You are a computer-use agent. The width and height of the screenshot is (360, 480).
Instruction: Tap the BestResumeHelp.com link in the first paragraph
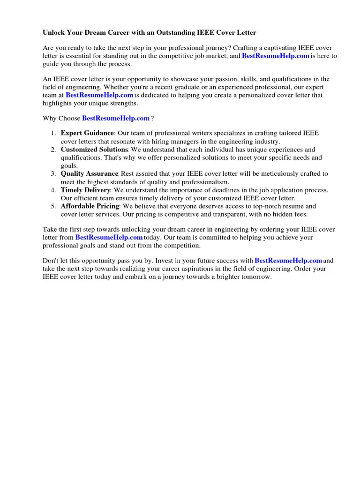coord(275,56)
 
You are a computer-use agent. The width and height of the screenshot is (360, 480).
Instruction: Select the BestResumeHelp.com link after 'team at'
coord(99,95)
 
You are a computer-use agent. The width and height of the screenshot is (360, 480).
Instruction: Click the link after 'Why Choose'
coord(116,118)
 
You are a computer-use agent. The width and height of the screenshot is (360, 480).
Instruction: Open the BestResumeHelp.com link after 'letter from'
coord(109,237)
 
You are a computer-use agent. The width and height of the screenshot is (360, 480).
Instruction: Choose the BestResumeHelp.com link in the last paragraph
coord(288,260)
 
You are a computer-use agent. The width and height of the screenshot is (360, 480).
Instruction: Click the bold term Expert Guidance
coord(87,133)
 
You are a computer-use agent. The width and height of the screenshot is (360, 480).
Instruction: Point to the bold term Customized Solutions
coord(94,150)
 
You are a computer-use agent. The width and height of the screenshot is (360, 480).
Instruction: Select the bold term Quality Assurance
coord(90,173)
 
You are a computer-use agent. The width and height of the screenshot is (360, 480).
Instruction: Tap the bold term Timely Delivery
coord(85,190)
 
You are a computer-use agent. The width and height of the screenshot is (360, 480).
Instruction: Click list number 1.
coord(54,133)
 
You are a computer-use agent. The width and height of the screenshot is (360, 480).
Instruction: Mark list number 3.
coord(54,173)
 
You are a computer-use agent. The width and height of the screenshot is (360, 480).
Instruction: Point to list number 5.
coord(54,206)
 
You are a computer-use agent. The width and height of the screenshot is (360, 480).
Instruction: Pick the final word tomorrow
coord(254,277)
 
